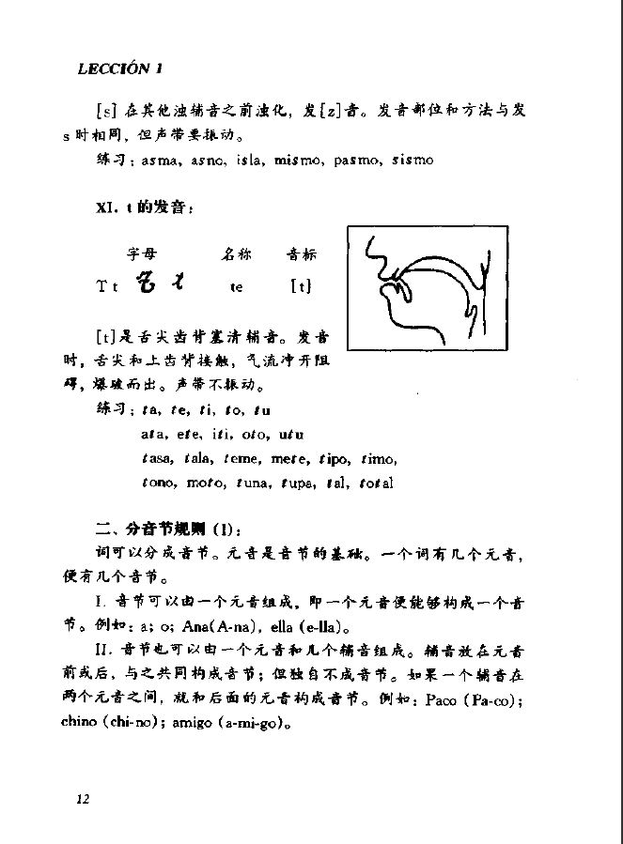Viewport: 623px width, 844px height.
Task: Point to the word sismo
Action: [x=413, y=161]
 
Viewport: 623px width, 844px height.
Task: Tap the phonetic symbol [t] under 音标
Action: [x=301, y=285]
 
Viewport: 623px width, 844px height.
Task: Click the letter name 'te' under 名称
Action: [x=236, y=287]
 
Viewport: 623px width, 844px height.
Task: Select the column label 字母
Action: [x=143, y=253]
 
